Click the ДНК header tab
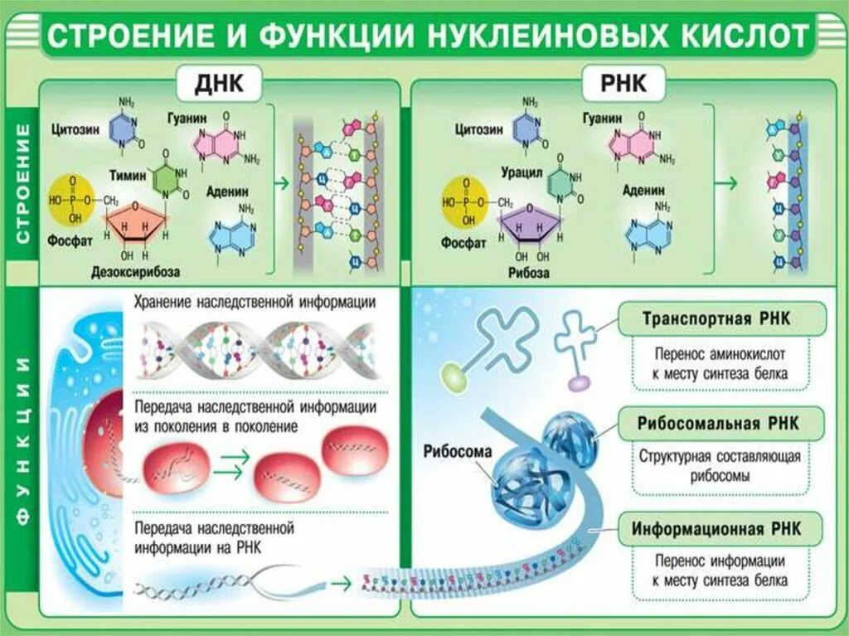point(217,85)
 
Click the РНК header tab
point(627,85)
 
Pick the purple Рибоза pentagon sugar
point(529,225)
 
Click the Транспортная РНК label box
point(722,319)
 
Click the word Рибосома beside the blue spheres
point(458,452)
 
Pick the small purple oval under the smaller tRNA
point(578,382)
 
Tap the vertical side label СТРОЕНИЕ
point(23,183)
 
